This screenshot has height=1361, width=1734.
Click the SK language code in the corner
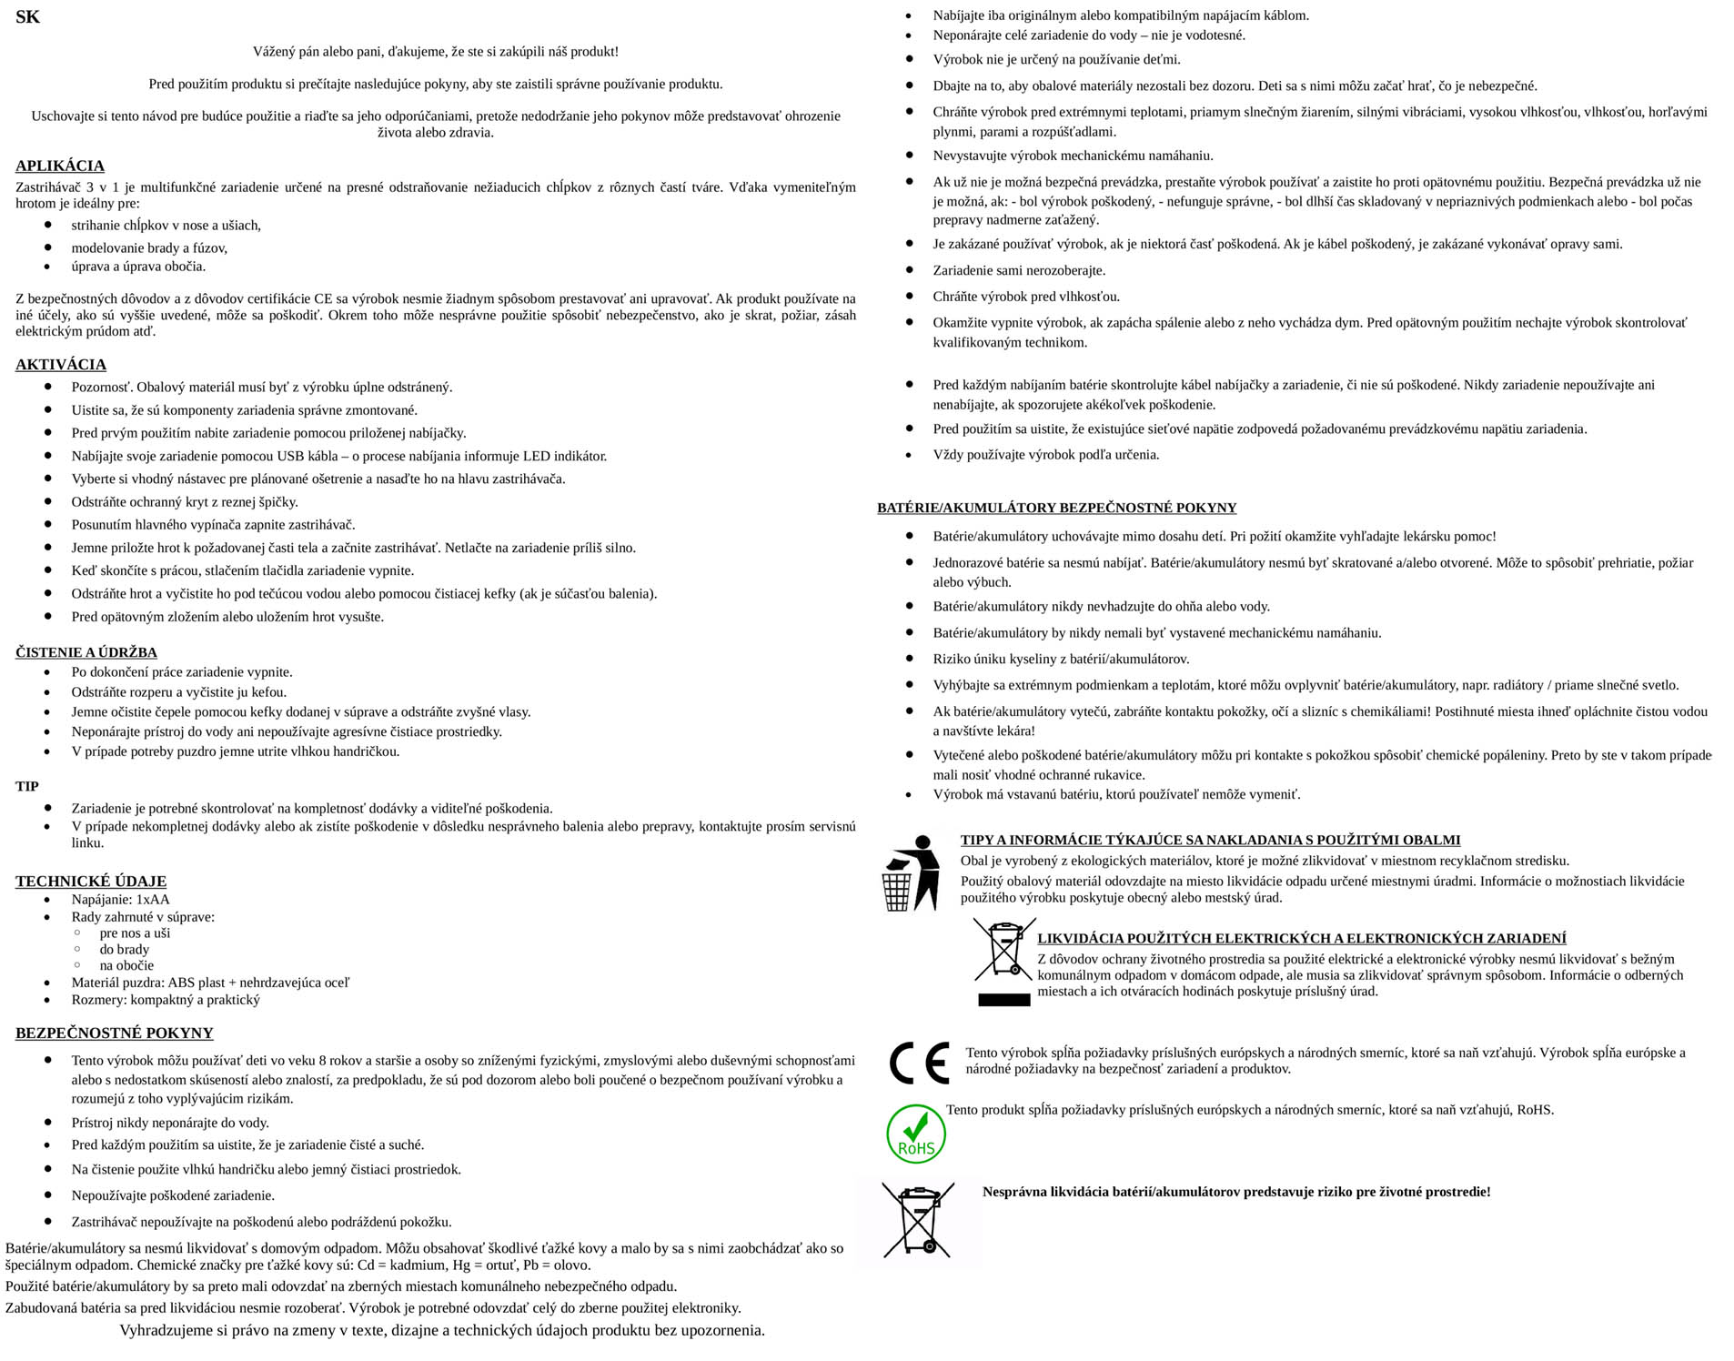pyautogui.click(x=27, y=17)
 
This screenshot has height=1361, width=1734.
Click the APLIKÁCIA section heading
pyautogui.click(x=60, y=166)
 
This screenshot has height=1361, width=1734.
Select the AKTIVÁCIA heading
pyautogui.click(x=61, y=365)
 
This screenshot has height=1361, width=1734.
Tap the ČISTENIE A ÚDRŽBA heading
pyautogui.click(x=86, y=652)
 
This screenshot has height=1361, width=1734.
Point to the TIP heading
pyautogui.click(x=27, y=786)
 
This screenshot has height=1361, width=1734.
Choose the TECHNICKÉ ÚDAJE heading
pyautogui.click(x=91, y=881)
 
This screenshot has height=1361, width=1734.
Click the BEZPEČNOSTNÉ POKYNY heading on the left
pyautogui.click(x=115, y=1033)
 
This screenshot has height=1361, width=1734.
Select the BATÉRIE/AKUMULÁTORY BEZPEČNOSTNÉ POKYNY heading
pyautogui.click(x=1056, y=508)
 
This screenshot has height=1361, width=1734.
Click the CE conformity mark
pyautogui.click(x=918, y=1062)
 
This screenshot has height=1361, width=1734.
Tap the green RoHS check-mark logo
pyautogui.click(x=915, y=1134)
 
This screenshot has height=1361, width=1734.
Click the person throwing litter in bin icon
pyautogui.click(x=911, y=872)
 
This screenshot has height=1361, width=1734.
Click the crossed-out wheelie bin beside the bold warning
pyautogui.click(x=918, y=1220)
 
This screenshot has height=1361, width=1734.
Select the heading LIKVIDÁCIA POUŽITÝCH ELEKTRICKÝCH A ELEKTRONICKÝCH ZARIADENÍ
pyautogui.click(x=1301, y=938)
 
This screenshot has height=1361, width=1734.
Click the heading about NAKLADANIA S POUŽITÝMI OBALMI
pyautogui.click(x=1210, y=840)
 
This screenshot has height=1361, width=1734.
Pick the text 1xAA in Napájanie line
pyautogui.click(x=153, y=900)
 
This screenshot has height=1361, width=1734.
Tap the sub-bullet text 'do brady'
pyautogui.click(x=124, y=949)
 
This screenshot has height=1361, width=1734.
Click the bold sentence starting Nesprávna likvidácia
pyautogui.click(x=1235, y=1192)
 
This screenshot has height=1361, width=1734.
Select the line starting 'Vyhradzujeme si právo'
pyautogui.click(x=442, y=1330)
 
